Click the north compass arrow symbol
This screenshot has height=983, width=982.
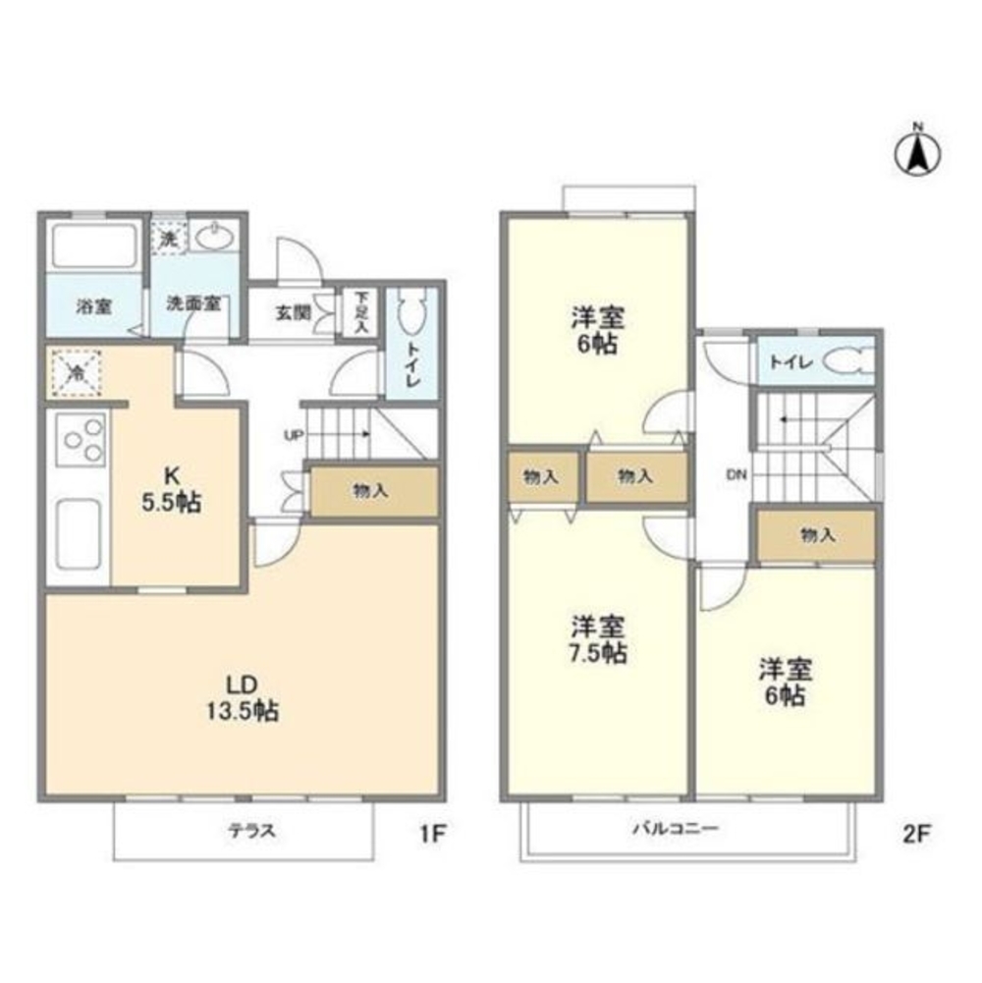point(918,151)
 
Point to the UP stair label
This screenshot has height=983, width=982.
point(293,436)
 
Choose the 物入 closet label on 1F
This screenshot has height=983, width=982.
point(370,492)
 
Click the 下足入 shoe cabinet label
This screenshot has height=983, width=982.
point(361,311)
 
